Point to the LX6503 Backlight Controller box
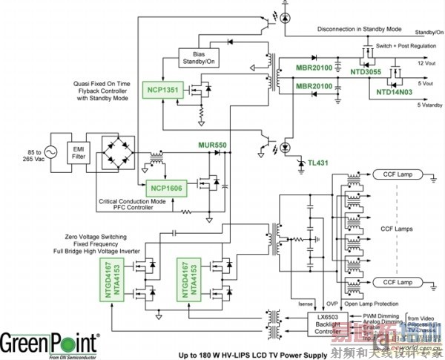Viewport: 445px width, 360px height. pos(329,323)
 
